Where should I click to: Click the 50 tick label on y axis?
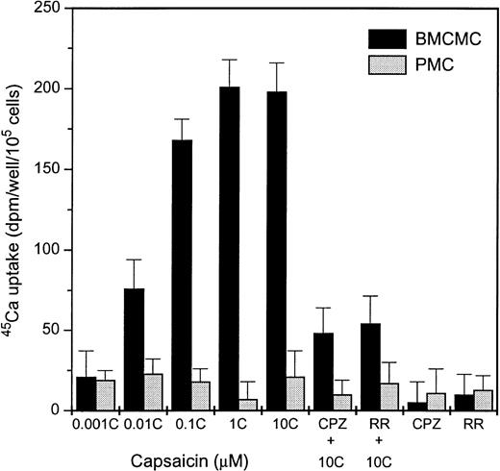[x=48, y=330]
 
